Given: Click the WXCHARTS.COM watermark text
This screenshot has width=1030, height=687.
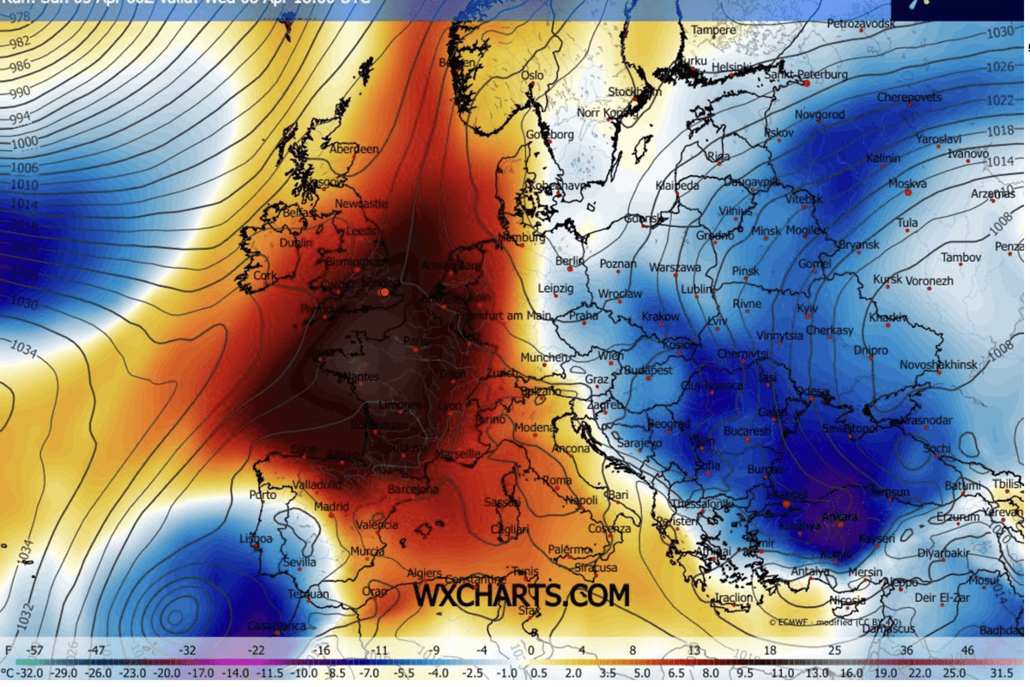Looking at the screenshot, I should (x=521, y=595).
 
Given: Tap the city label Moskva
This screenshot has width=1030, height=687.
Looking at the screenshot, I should (x=907, y=184).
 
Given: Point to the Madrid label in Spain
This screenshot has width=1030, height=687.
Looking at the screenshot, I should (x=331, y=507).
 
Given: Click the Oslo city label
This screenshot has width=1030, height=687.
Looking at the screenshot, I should (x=532, y=76).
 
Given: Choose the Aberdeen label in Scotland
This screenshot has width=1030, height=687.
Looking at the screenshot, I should (x=354, y=149).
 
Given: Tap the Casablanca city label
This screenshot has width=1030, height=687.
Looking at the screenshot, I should (x=276, y=626).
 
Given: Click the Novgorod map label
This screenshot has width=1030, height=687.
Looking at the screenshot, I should (x=820, y=114).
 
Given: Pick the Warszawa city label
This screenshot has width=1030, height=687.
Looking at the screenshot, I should (x=676, y=267).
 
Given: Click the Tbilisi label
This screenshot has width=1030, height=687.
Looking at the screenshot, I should (x=1008, y=483).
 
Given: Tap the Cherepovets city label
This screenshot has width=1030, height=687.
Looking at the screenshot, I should (x=909, y=97).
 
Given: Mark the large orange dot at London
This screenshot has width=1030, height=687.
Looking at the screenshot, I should (x=385, y=293).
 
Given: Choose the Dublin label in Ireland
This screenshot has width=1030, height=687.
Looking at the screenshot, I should (x=296, y=242).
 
